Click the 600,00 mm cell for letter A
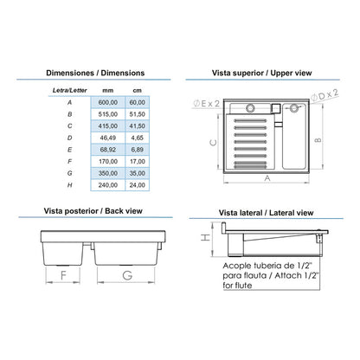[108, 102]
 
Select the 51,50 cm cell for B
[138, 114]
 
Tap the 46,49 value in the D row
[108, 138]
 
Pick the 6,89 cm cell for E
[138, 150]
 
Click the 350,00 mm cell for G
[108, 173]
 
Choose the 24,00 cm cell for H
[138, 185]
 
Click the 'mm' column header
[108, 91]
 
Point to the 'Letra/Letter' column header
[69, 90]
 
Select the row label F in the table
[69, 162]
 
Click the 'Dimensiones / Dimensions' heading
[95, 73]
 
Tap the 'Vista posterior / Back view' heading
[93, 211]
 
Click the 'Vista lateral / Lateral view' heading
[266, 213]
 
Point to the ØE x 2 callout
[207, 104]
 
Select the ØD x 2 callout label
[325, 95]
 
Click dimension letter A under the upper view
[267, 178]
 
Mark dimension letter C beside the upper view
[214, 143]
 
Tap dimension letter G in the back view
[127, 275]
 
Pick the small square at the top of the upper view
[275, 108]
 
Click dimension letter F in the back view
[63, 275]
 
